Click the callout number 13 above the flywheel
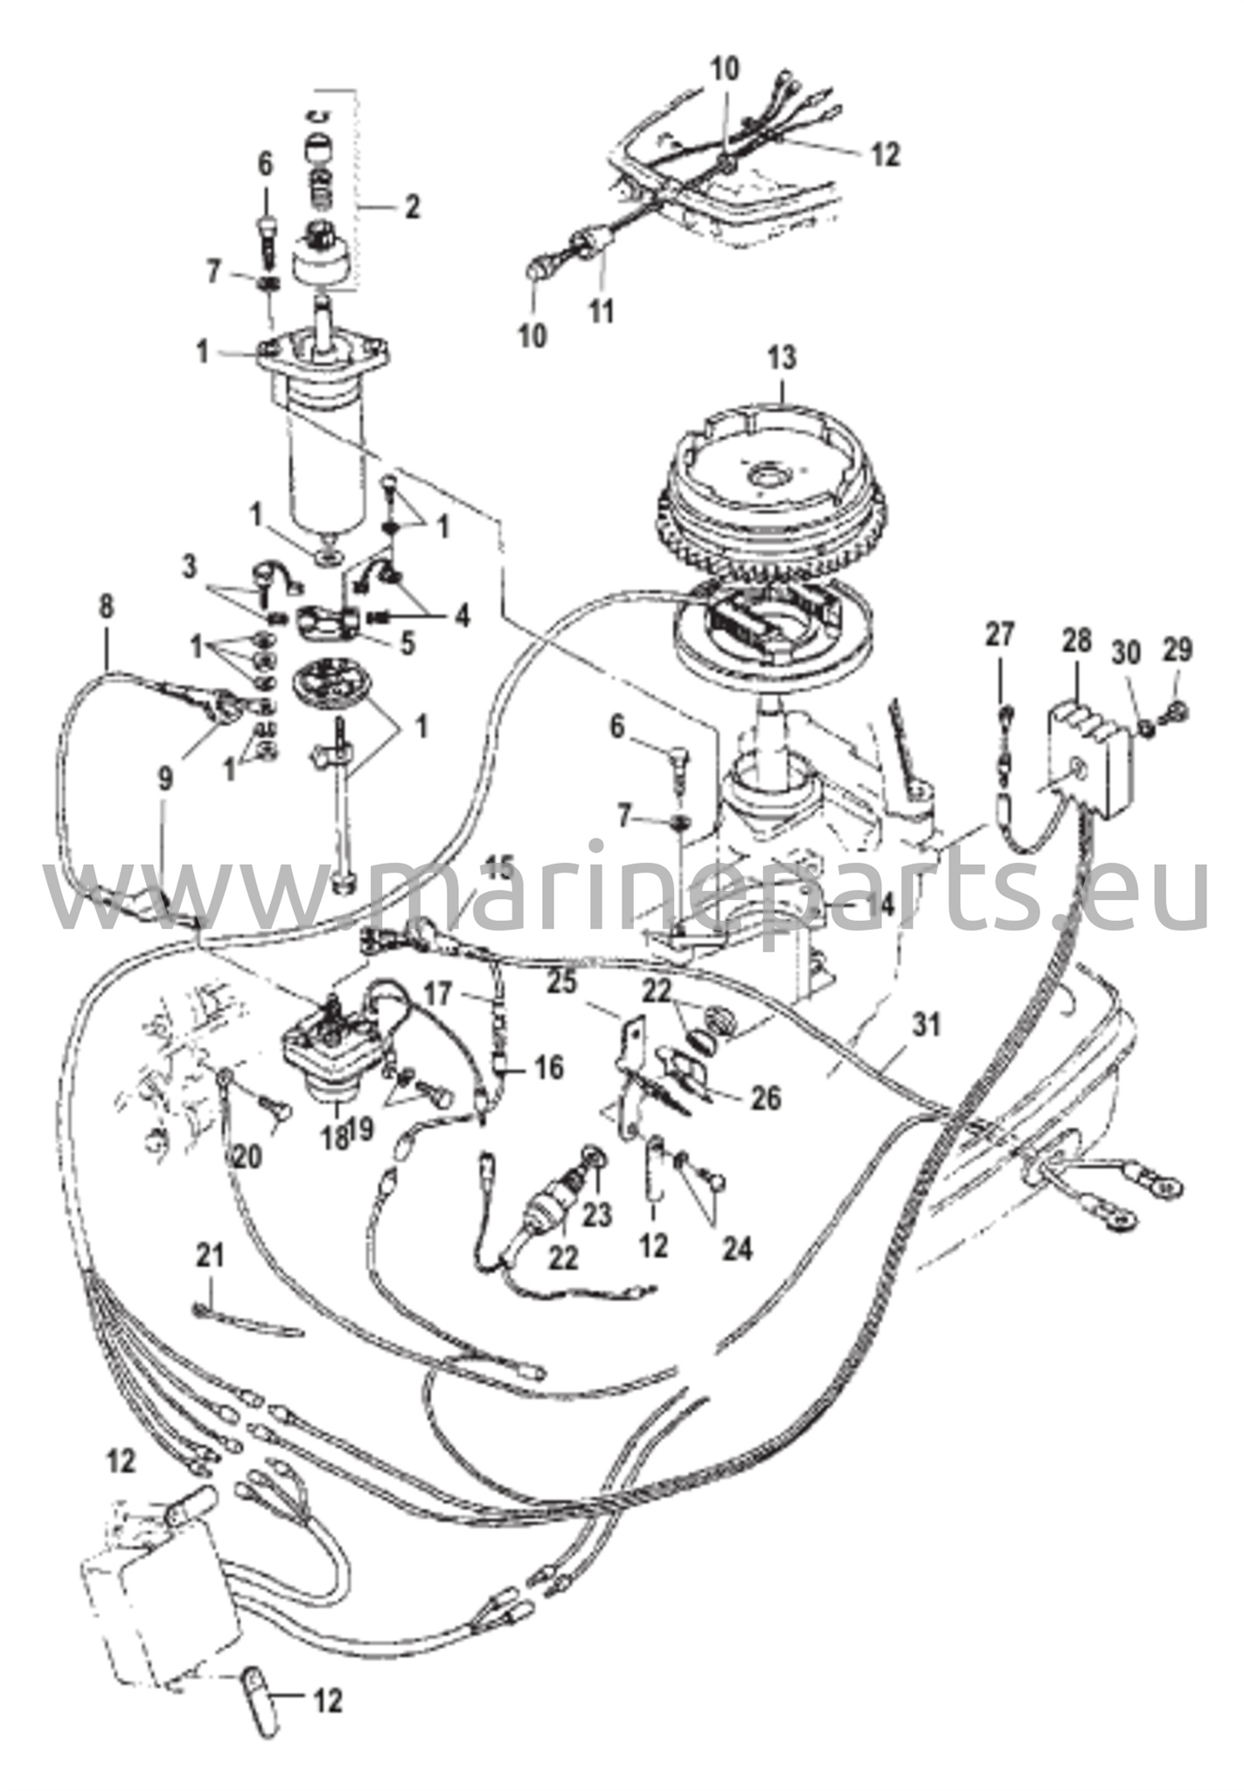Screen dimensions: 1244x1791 pyautogui.click(x=782, y=358)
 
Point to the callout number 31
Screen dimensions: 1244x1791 pyautogui.click(x=926, y=1024)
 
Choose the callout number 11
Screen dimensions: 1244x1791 pyautogui.click(x=601, y=312)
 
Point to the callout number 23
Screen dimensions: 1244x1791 pyautogui.click(x=600, y=1214)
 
